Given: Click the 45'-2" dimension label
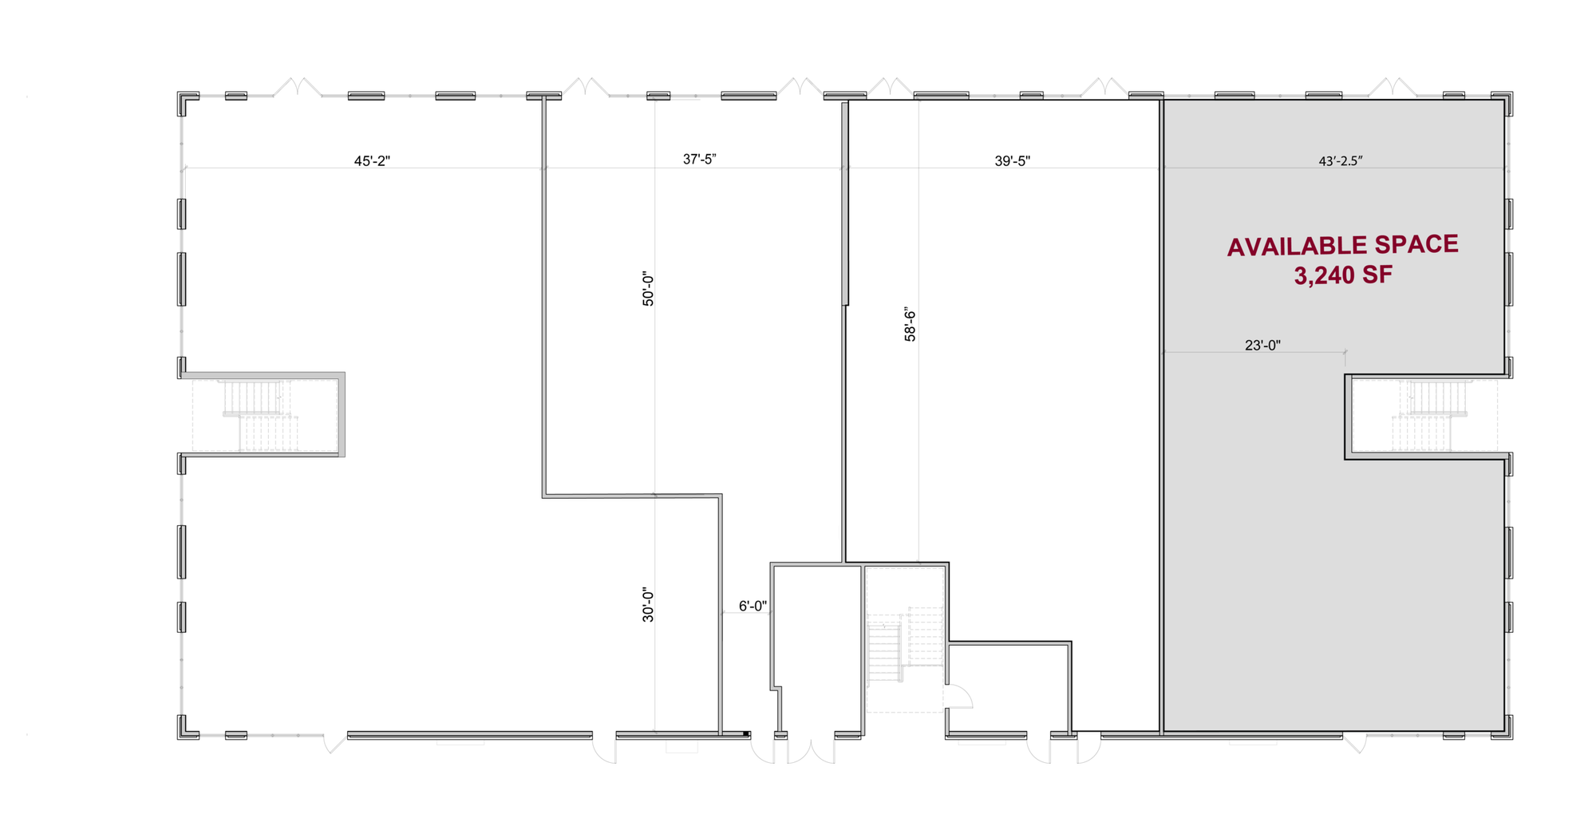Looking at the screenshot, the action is coord(372,161).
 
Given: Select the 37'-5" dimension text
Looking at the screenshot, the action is coord(700,160).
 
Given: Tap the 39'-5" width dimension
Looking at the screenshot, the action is coord(1013,161).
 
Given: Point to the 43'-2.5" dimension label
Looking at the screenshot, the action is coord(1341,161).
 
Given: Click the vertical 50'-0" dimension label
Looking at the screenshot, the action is coord(648,289).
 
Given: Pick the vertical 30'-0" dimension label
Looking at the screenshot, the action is coord(648,605).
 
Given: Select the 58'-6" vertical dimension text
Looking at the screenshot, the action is coord(910,324).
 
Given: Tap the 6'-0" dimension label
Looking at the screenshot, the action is coord(753,607).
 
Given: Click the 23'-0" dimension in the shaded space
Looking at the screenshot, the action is coord(1262,346).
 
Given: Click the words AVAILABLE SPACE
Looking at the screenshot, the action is coord(1343,246).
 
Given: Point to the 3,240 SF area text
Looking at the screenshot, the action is coord(1343,276).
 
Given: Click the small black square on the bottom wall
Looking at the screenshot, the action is coord(746,733).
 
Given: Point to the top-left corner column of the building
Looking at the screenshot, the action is coord(188,103).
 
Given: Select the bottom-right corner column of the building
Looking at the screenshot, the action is coord(1502,727).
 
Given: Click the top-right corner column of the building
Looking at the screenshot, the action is coord(1502,103).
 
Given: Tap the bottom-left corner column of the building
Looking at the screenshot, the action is coord(188,727).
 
